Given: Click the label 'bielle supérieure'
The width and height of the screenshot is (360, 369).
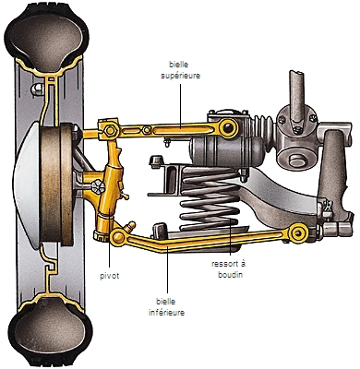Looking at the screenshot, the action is [181, 70].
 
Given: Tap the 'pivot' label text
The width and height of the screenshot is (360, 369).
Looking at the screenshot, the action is [110, 276].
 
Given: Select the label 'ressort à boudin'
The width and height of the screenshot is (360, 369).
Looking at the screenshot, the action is [229, 269].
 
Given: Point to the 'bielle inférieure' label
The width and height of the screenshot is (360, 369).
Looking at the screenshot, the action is [166, 307].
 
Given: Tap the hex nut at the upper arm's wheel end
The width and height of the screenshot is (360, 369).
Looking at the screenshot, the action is [110, 131].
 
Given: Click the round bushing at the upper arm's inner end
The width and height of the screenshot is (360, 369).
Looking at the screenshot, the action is [228, 128].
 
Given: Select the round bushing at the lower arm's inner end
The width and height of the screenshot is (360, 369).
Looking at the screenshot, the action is [298, 232].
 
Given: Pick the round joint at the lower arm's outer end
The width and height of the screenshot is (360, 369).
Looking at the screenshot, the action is [118, 237].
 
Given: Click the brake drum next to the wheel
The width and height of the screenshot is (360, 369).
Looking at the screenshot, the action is [57, 184].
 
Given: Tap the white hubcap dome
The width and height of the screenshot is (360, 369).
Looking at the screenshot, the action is [27, 184].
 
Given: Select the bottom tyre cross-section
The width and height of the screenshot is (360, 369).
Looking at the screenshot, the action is [49, 329].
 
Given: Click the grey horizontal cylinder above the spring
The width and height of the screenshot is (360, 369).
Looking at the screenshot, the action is [226, 151].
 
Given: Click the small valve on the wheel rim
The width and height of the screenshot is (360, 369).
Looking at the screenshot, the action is [37, 89].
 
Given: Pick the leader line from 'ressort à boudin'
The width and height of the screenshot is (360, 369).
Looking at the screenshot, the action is [231, 211].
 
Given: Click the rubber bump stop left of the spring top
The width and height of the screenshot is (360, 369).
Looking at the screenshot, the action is [156, 161].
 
